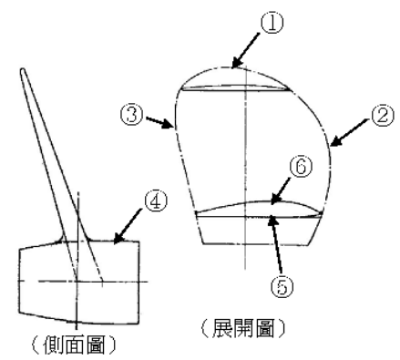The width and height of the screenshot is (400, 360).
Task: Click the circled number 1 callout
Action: [x=272, y=24]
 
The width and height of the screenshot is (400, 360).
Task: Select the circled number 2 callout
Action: [x=383, y=115]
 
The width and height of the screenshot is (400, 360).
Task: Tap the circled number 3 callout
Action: [x=132, y=115]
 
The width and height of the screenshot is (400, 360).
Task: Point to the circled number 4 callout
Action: [x=156, y=201]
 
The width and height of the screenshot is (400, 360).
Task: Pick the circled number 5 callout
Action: [x=282, y=286]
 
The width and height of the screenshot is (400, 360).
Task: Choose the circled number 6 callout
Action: [x=301, y=166]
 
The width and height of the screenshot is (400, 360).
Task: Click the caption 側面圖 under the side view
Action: [x=74, y=345]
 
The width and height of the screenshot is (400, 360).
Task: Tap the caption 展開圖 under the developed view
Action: [x=243, y=328]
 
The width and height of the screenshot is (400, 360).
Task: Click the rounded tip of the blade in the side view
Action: [x=23, y=70]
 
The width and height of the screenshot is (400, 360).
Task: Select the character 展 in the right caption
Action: [x=221, y=328]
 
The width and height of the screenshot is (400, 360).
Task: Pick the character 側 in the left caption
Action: [x=53, y=345]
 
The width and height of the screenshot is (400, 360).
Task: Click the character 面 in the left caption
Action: [x=74, y=345]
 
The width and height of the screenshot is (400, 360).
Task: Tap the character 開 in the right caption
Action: [x=243, y=328]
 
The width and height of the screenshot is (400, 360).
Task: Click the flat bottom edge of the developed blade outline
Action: [x=257, y=244]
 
